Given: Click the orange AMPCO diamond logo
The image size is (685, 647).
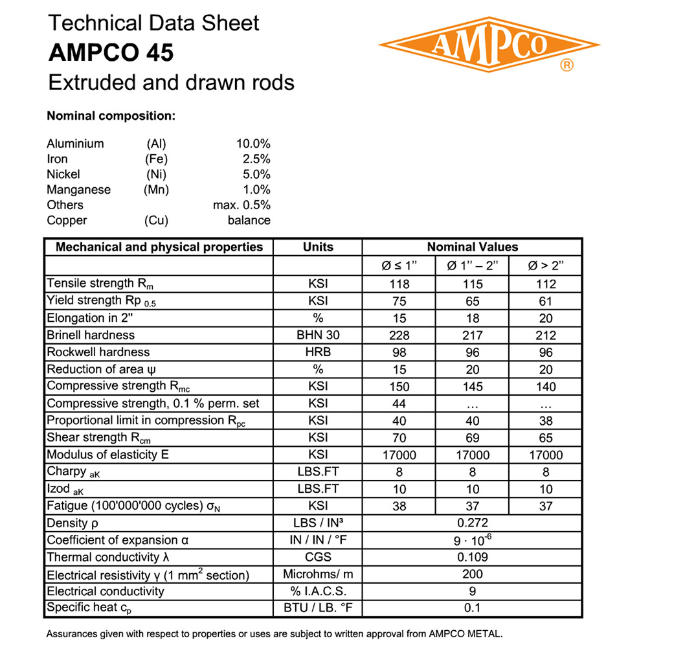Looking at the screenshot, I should click(x=489, y=44).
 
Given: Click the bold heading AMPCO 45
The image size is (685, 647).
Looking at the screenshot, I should click(x=111, y=53).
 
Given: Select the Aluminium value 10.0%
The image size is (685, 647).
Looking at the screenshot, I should click(x=253, y=144).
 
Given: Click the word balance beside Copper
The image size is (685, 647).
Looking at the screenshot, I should click(x=249, y=220).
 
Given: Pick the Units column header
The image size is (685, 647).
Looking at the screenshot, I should click(x=318, y=247).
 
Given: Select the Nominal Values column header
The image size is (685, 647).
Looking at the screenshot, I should click(x=472, y=247).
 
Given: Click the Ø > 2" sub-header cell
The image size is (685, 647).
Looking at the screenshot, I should click(x=546, y=266).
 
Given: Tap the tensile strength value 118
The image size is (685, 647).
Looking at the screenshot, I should click(x=399, y=284).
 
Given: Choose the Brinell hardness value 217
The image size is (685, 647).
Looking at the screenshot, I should click(x=473, y=335).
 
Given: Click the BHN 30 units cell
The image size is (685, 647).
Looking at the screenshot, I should click(x=318, y=335).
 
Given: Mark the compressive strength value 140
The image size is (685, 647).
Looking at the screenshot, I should click(x=546, y=387).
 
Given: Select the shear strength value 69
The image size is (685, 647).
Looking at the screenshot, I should click(x=473, y=438).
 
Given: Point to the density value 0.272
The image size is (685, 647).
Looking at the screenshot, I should click(x=472, y=523).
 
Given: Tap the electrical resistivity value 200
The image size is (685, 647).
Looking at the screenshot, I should click(x=472, y=574).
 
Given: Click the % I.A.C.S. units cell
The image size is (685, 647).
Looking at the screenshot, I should click(x=318, y=591).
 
